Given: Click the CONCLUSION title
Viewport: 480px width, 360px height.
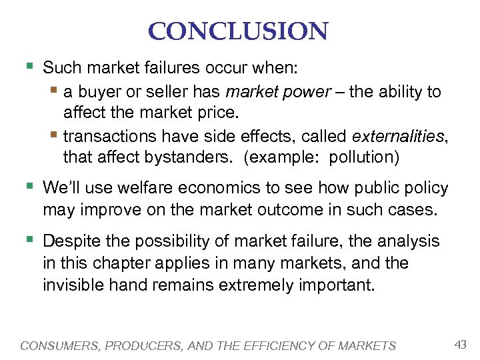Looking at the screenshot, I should (x=239, y=31).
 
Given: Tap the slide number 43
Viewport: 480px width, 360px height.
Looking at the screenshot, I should (x=460, y=344).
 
